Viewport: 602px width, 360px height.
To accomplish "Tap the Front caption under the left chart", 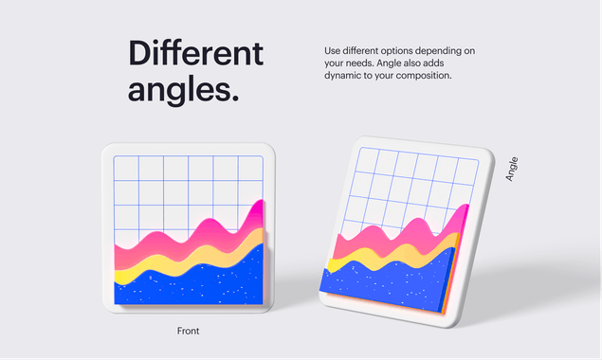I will (188, 331).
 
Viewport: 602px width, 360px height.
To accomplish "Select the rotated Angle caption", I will (512, 169).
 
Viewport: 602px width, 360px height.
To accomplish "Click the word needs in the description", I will (362, 63).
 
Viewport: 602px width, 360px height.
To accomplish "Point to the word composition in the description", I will (419, 75).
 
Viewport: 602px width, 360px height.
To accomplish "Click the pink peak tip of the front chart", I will (260, 205).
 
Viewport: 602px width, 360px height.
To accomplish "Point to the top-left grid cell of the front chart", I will (126, 168).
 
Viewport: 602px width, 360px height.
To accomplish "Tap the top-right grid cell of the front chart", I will (250, 168).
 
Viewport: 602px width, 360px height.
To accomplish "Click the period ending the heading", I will (233, 98).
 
